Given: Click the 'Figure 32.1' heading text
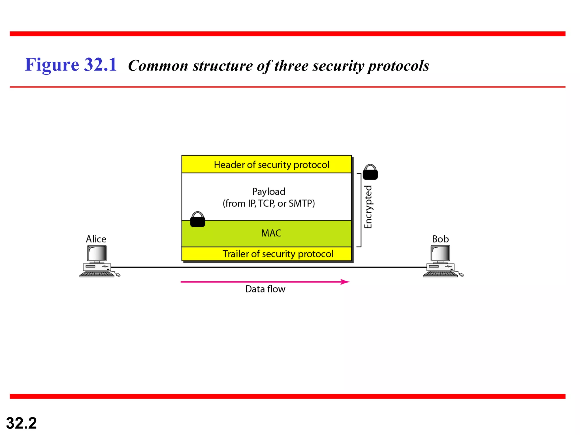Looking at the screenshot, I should [x=71, y=65].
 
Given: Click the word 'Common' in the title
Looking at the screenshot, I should [x=158, y=66].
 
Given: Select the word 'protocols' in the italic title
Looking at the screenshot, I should [x=398, y=66].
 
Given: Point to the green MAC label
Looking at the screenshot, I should [x=271, y=233].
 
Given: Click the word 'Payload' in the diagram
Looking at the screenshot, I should [x=268, y=192].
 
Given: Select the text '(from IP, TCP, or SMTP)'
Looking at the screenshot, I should [x=268, y=203].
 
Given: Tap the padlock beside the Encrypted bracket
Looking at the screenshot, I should [x=370, y=172].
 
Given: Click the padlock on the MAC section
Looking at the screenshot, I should [x=197, y=219].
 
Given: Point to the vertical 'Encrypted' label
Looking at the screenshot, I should [x=368, y=207].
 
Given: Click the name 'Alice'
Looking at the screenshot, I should [x=96, y=239].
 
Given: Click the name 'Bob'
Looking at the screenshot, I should [x=440, y=239].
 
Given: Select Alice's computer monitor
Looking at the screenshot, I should [x=97, y=253].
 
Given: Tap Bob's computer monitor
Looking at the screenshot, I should [x=440, y=253].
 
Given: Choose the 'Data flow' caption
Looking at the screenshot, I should [x=265, y=289].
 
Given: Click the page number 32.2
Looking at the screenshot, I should [x=22, y=423].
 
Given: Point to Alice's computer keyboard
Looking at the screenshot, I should [x=97, y=274].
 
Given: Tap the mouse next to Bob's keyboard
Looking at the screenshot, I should [x=461, y=274].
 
